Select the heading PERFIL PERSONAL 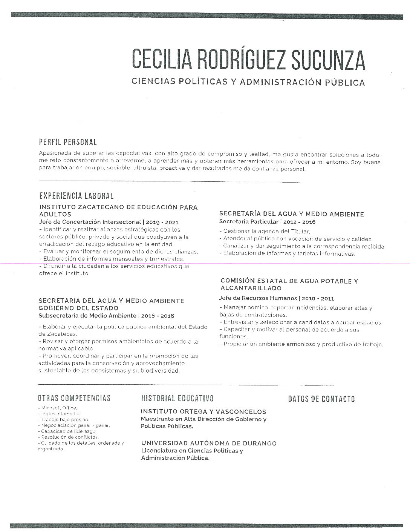[x=68, y=142]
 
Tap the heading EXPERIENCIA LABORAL [x=76, y=196]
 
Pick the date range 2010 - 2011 [x=318, y=298]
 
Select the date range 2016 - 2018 [x=158, y=316]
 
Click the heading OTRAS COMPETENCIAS [x=74, y=398]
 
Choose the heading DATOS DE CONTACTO [x=321, y=399]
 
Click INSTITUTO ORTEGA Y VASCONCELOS [x=203, y=411]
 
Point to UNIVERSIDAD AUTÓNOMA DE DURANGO [x=209, y=443]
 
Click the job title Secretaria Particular [x=249, y=222]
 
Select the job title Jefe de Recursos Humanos [x=258, y=298]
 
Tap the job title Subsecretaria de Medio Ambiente [x=87, y=316]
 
